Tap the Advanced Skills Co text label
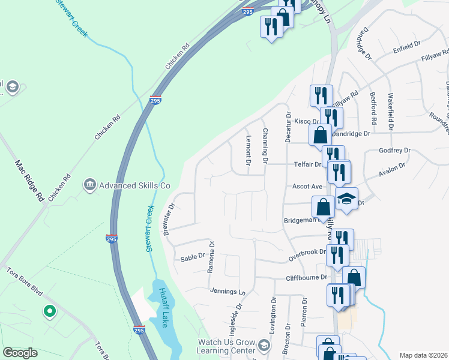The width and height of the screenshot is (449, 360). [x=135, y=184]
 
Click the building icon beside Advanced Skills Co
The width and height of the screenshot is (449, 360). [x=89, y=184]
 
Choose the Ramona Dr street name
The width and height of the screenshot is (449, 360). [x=211, y=257]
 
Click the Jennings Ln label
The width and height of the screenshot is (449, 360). [x=228, y=292]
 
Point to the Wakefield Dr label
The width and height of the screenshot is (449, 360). [x=391, y=112]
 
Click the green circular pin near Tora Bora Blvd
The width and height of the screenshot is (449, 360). [x=49, y=311]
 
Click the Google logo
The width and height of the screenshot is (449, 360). [x=20, y=353]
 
